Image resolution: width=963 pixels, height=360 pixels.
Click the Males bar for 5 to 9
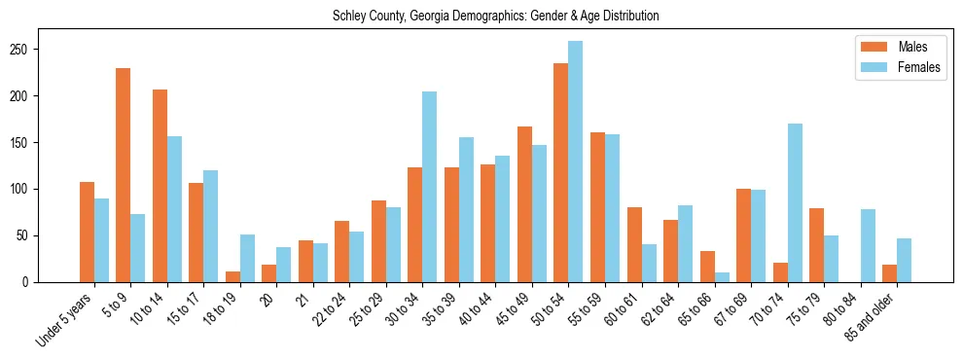click(124, 175)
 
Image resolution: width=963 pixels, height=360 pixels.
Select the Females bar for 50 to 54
click(576, 162)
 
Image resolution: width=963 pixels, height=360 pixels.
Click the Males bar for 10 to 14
click(160, 186)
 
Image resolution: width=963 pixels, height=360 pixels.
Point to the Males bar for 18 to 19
click(232, 276)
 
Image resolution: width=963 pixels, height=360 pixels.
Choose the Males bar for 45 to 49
click(524, 204)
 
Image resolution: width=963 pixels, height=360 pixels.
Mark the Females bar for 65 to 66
click(722, 277)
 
